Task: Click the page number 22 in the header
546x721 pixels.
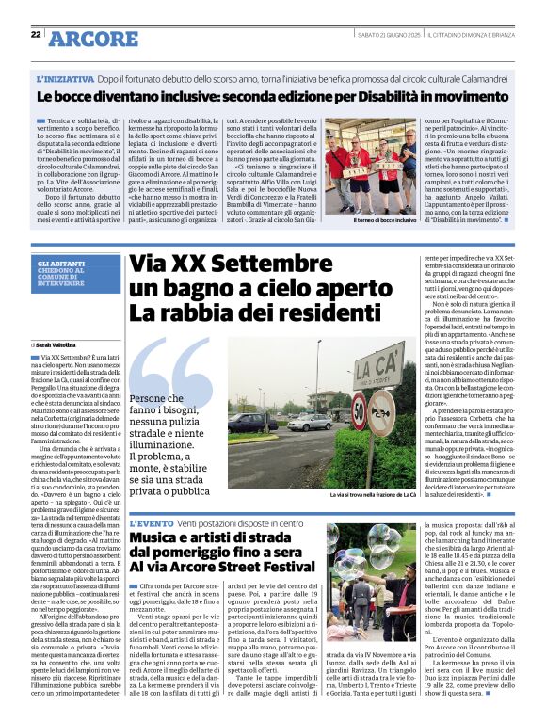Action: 36,34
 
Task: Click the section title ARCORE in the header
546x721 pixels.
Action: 92,39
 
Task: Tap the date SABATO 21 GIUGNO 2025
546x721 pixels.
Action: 388,35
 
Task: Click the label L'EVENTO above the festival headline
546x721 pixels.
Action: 151,521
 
